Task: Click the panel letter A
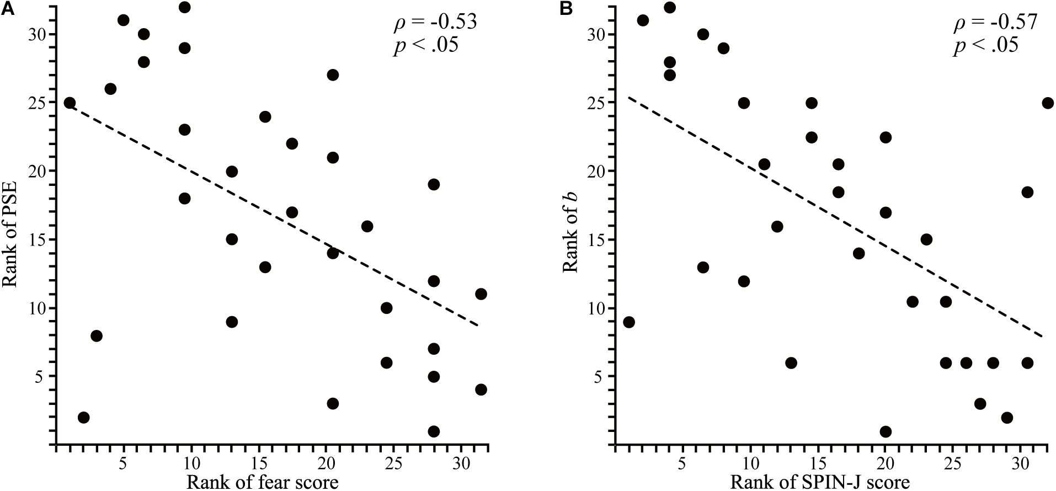click(7, 9)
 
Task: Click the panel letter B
click(567, 9)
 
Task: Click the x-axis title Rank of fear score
click(262, 482)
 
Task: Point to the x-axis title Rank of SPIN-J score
click(820, 482)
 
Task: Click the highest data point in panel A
click(185, 7)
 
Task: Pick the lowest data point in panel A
click(434, 431)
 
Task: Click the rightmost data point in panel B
click(1048, 103)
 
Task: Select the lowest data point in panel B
click(886, 431)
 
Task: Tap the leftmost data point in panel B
click(629, 322)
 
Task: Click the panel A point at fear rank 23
click(367, 226)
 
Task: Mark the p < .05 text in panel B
click(985, 45)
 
